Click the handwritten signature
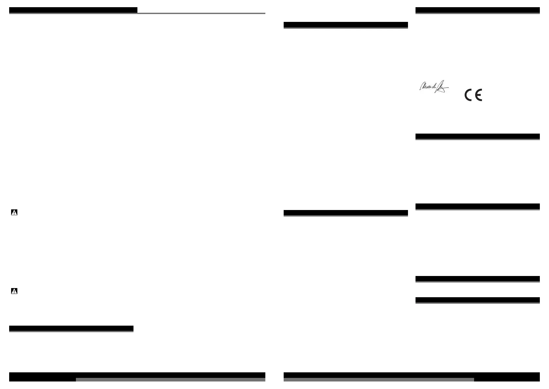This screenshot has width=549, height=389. (x=434, y=87)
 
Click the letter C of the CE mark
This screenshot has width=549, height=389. (x=469, y=95)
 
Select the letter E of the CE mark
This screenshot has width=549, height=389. (x=478, y=95)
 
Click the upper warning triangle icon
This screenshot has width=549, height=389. (x=14, y=213)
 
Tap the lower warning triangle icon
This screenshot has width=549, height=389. (x=14, y=291)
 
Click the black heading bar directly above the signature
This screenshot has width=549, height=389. (x=477, y=10)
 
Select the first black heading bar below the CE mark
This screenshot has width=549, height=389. (x=477, y=136)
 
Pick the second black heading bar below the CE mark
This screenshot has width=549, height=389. (x=477, y=206)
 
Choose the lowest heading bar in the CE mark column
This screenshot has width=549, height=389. (x=477, y=300)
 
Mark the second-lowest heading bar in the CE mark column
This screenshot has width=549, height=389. (x=477, y=279)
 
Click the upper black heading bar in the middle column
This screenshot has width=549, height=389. (x=345, y=25)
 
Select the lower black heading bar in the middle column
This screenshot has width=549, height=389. (x=345, y=213)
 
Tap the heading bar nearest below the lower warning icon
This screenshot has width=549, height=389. (x=71, y=328)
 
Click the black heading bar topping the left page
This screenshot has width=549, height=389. (x=73, y=10)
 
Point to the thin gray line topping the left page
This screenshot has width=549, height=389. (x=201, y=13)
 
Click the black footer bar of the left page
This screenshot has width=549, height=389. (x=137, y=375)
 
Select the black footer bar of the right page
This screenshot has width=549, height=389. (x=412, y=375)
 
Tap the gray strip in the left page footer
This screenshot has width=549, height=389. (x=170, y=380)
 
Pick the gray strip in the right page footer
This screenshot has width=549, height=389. (x=379, y=380)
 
